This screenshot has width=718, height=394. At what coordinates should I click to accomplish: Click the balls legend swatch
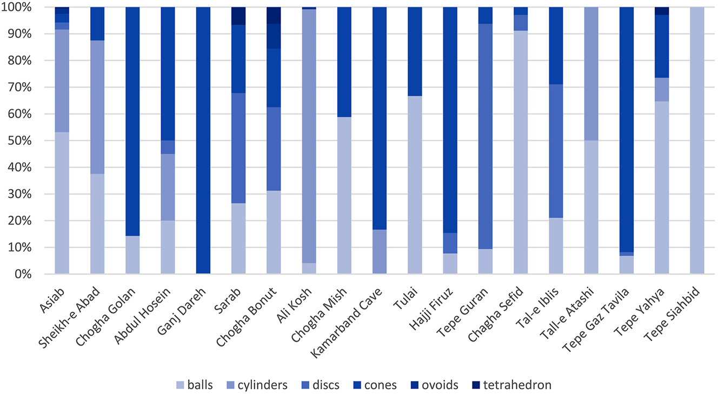pos(181,385)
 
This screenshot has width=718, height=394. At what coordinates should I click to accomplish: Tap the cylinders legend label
pos(263,385)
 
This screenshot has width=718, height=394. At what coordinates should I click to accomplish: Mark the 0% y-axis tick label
pos(26,274)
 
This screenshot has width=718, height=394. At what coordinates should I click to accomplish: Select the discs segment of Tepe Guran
pos(485,135)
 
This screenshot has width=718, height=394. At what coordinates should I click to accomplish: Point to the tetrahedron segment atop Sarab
pos(238,15)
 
